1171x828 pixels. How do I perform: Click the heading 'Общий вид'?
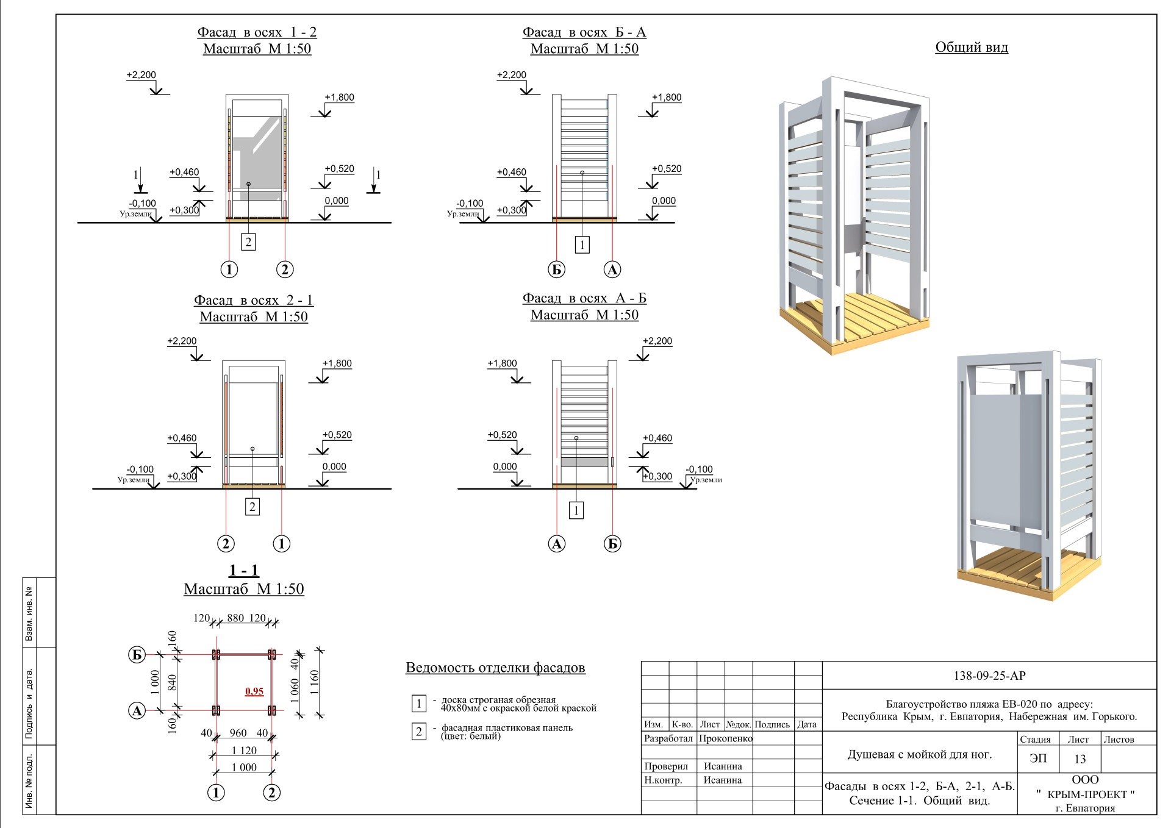point(972,48)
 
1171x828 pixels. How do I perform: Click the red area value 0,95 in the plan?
point(254,691)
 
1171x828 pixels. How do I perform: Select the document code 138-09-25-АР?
point(989,676)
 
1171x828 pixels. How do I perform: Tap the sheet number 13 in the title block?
point(1080,759)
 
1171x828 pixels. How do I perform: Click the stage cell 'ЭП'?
point(1038,758)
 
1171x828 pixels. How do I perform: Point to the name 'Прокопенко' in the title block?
point(726,738)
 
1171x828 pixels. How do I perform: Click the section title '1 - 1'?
point(244,570)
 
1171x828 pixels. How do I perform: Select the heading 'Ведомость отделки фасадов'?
point(495,668)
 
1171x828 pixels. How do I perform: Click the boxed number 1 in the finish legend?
point(419,704)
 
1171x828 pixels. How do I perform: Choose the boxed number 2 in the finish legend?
point(419,732)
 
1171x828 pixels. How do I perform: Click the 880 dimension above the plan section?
point(235,618)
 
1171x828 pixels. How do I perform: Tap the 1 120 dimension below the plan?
point(244,751)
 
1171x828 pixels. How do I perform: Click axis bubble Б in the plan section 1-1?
point(137,655)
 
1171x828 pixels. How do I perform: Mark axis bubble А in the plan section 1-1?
point(137,710)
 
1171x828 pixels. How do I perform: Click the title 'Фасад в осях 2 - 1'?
point(253,300)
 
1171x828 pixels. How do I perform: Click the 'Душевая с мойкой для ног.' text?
point(920,755)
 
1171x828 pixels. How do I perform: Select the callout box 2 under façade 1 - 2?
point(248,242)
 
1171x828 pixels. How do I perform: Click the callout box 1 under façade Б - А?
point(582,245)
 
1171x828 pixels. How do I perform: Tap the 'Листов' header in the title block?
point(1119,740)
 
